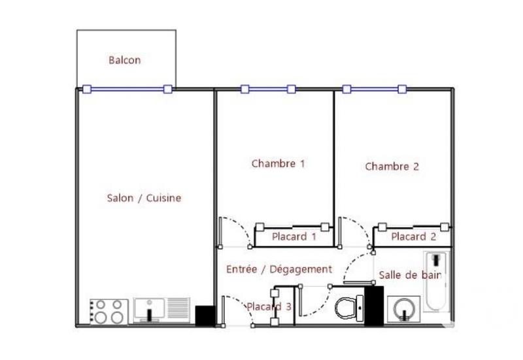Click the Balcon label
coord(124,61)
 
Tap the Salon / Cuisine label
coord(144,198)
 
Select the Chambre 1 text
coord(278,163)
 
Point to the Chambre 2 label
coord(392,166)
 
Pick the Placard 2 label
coord(413,237)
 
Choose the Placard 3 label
coord(268,306)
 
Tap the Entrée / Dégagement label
coord(279,269)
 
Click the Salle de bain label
coord(410,275)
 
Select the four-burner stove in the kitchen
coord(109,311)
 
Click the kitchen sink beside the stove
coord(161,310)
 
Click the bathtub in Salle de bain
coord(435,281)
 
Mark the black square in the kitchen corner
coord(205,315)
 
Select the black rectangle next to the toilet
coord(374,306)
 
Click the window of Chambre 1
coord(269,89)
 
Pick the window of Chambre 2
coord(374,89)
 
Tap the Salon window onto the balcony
coord(126,89)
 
